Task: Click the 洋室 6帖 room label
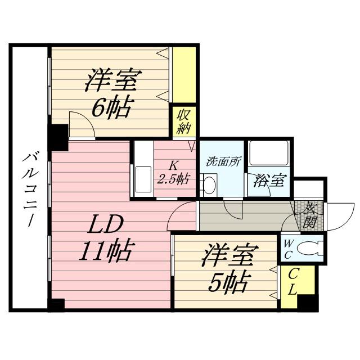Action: [111, 93]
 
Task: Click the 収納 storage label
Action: [184, 121]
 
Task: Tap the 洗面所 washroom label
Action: [223, 161]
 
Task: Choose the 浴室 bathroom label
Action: [269, 181]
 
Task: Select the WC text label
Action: [287, 247]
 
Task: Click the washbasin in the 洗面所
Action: [209, 185]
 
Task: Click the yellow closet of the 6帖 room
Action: [184, 75]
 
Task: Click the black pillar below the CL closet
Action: [308, 302]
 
